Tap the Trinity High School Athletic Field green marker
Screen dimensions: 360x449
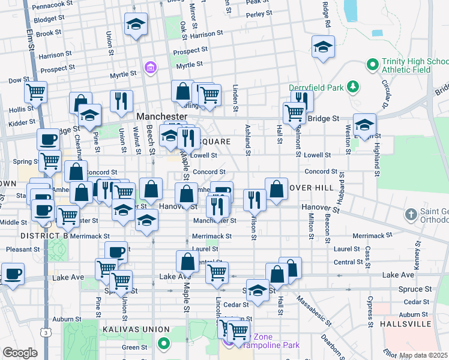[372, 62]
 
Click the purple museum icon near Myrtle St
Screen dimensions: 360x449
[150, 67]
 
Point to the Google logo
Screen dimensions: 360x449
[20, 353]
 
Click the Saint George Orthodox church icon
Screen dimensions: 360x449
[411, 214]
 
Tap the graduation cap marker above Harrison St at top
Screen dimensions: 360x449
[136, 25]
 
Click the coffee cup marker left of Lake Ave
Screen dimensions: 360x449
[13, 274]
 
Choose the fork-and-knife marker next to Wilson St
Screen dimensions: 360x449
[255, 199]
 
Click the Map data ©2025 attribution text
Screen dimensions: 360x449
[423, 355]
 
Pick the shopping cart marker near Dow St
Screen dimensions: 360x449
[36, 93]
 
